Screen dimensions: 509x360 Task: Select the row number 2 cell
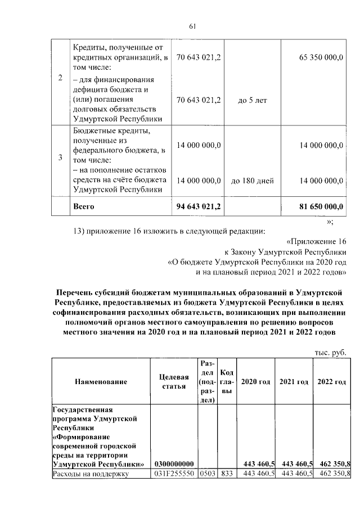click(60, 78)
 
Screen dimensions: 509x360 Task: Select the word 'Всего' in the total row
click(84, 206)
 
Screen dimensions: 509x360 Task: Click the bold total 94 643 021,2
click(199, 206)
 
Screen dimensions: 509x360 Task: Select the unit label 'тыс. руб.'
click(331, 352)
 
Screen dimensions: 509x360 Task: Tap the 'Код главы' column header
click(228, 382)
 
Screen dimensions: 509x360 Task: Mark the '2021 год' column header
click(294, 382)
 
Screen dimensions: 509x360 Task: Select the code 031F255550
click(174, 474)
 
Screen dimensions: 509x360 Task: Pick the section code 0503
click(207, 474)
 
